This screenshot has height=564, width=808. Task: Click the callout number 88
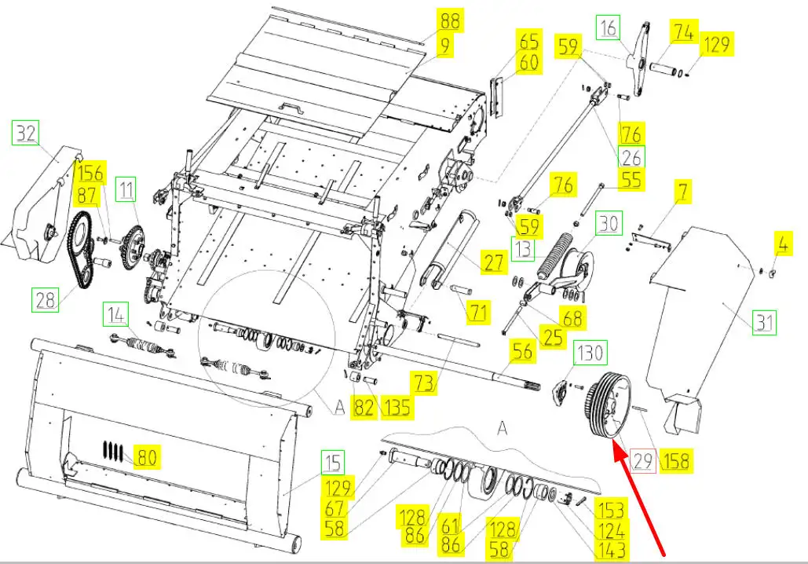[x=452, y=20]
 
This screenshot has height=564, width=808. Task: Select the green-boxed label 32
[x=27, y=134]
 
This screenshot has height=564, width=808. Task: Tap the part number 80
[x=147, y=456]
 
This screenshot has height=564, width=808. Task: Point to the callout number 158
[x=675, y=461]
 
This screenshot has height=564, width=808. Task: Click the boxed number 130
[x=591, y=353]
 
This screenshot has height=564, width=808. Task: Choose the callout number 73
[x=425, y=383]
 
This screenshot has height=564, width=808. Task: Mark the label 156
[x=89, y=172]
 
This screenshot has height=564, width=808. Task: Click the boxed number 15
[x=333, y=463]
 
